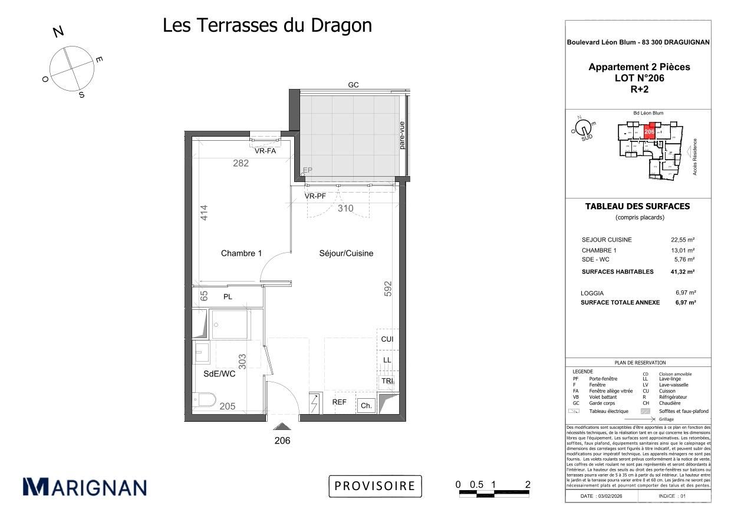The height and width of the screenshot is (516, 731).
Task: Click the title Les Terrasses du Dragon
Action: [267, 25]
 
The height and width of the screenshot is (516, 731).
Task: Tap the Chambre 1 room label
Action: [241, 253]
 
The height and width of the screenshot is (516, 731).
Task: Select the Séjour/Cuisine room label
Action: [346, 253]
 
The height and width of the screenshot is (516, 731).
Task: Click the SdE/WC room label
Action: [219, 373]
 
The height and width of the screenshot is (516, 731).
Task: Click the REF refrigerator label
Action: [339, 403]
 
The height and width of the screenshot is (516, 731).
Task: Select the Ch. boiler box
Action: [366, 405]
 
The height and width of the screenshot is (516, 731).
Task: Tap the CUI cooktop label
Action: [387, 339]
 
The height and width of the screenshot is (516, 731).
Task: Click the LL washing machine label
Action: [387, 360]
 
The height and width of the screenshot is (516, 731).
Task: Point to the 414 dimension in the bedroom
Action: [204, 213]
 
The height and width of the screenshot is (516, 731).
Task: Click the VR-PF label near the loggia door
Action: [315, 196]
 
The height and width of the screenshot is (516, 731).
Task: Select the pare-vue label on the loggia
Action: [402, 135]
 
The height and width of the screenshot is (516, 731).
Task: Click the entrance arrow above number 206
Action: [282, 426]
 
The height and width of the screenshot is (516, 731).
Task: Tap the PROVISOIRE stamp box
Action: [375, 486]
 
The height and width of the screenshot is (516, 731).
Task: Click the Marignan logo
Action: [84, 487]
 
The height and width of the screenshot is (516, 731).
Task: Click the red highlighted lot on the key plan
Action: [649, 131]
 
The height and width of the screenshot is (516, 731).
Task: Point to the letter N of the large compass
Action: [58, 32]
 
